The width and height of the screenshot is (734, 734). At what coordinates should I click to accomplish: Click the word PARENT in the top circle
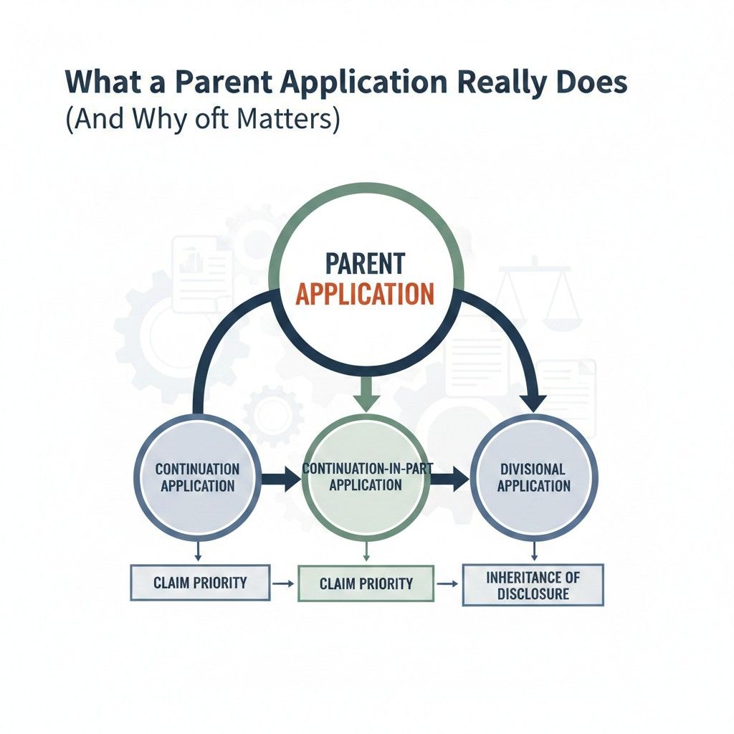tap(365, 264)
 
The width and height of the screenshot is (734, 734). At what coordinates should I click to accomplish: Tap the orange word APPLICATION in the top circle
tap(365, 294)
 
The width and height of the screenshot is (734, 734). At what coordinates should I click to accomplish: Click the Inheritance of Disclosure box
tap(533, 585)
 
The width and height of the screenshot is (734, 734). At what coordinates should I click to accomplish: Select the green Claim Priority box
tap(366, 583)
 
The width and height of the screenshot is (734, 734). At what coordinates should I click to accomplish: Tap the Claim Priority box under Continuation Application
tap(200, 582)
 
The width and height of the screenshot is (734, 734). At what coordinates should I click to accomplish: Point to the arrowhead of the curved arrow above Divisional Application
tap(533, 403)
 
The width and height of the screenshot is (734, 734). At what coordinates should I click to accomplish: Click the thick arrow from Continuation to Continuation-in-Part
tap(281, 478)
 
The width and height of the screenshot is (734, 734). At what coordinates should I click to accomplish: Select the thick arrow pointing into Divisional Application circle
tap(449, 478)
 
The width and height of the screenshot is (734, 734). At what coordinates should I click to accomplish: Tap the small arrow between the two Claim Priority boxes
tap(283, 583)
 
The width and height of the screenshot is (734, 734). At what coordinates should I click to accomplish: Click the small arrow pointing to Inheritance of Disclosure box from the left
tap(447, 583)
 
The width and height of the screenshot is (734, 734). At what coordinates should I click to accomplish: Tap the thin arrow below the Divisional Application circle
tap(534, 551)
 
